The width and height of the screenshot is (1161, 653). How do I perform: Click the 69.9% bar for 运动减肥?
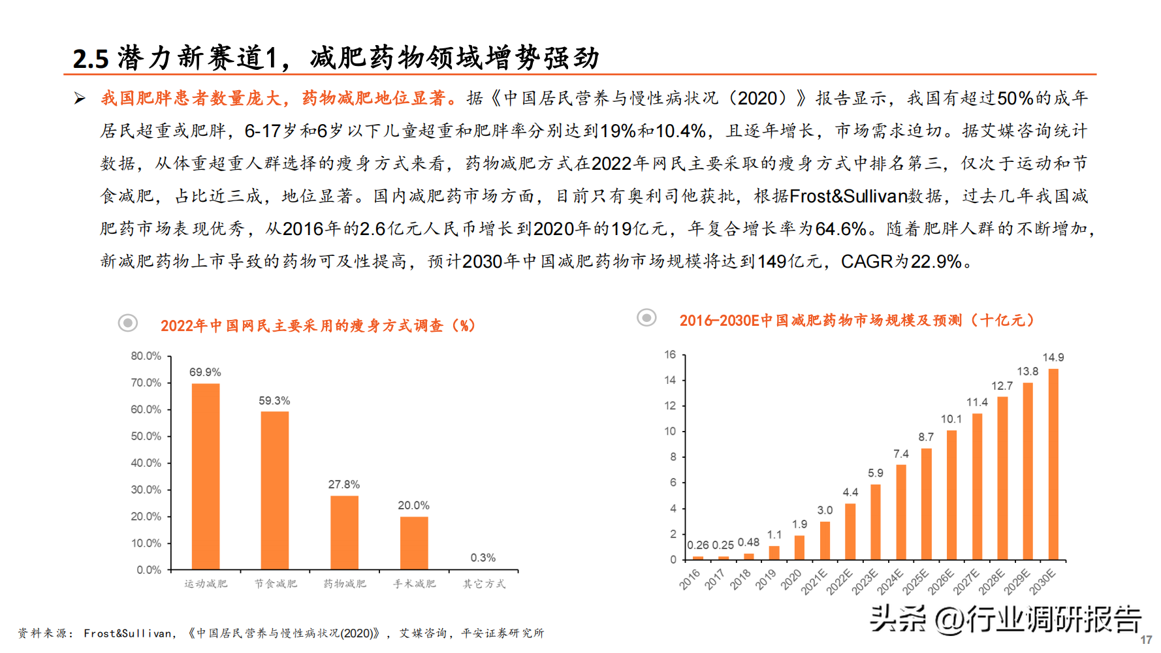click(205, 476)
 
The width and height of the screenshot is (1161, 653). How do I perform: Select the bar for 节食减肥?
click(274, 490)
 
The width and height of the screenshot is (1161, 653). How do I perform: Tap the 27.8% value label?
click(343, 485)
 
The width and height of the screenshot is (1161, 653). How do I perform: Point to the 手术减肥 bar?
click(414, 543)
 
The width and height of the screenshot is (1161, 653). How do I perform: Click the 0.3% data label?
click(483, 558)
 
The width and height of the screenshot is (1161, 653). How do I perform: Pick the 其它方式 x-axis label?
click(484, 584)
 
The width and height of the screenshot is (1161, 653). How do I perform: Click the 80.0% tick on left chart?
click(146, 356)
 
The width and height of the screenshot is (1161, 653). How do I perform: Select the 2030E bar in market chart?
click(1053, 464)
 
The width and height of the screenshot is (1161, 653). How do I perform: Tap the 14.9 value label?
click(1053, 358)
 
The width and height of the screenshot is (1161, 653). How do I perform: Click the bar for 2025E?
click(927, 504)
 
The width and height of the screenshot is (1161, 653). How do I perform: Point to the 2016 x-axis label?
click(690, 579)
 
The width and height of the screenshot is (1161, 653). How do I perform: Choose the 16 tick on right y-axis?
click(670, 355)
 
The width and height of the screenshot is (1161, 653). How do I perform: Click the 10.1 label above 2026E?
click(951, 419)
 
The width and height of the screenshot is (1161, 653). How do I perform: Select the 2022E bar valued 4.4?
click(850, 532)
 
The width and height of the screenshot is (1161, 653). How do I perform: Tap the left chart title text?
click(317, 325)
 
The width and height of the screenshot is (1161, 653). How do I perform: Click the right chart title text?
click(857, 321)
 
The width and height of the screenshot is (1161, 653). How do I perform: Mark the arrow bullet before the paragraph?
click(80, 99)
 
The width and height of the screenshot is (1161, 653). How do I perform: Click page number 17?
click(1146, 640)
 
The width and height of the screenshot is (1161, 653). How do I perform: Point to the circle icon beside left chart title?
click(128, 323)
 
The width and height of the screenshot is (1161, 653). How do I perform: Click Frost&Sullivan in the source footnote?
click(127, 633)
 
